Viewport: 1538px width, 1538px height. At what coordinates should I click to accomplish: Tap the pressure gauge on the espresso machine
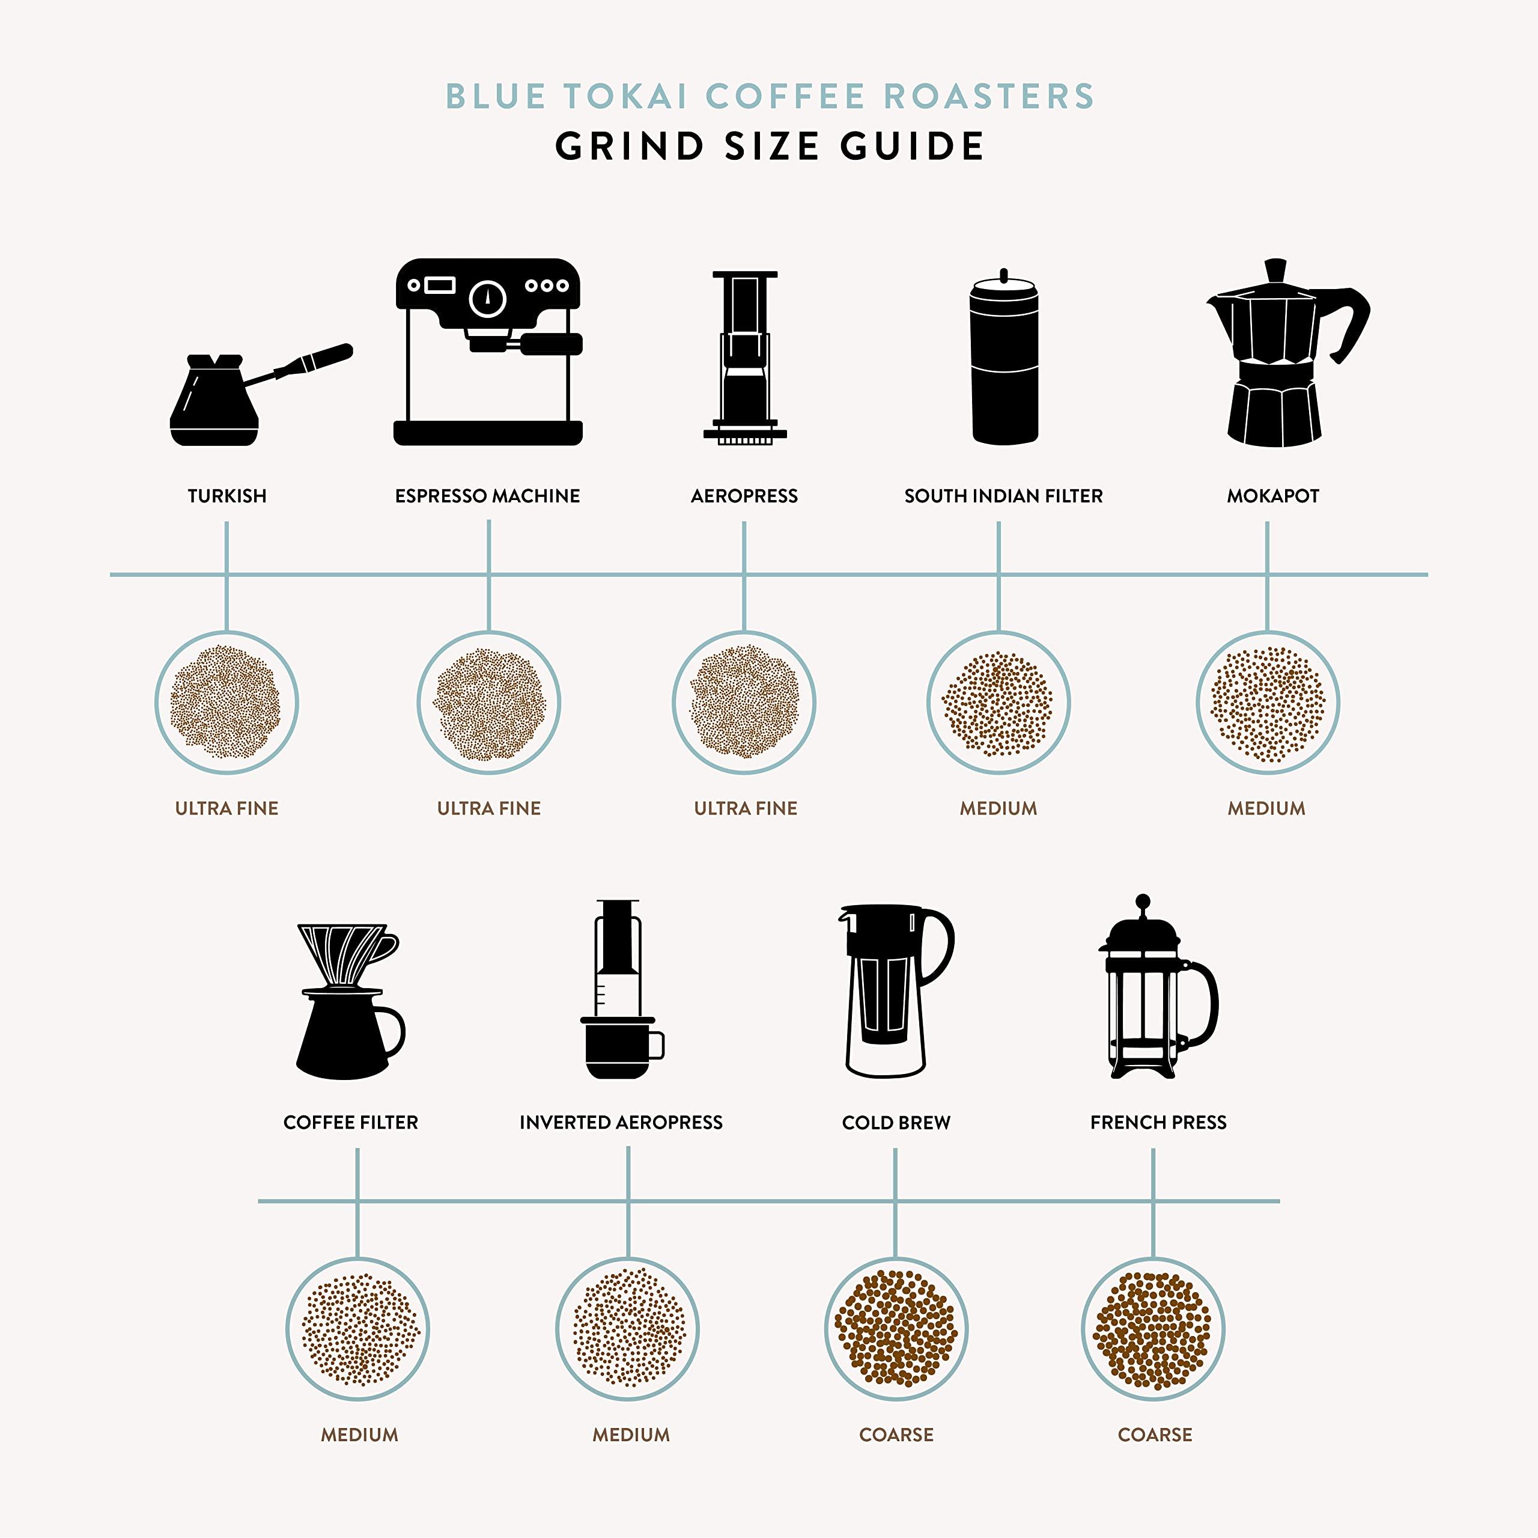point(488,299)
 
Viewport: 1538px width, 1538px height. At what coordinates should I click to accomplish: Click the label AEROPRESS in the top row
point(744,496)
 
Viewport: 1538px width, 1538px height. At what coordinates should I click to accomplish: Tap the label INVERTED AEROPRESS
point(621,1122)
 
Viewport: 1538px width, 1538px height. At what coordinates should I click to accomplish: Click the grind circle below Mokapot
point(1267,703)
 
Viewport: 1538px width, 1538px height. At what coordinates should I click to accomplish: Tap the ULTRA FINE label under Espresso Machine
point(489,808)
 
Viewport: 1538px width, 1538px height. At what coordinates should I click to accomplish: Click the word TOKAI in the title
point(625,96)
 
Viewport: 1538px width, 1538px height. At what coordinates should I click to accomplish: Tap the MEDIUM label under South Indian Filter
point(998,808)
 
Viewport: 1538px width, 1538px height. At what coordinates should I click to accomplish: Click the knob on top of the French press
point(1142,901)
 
